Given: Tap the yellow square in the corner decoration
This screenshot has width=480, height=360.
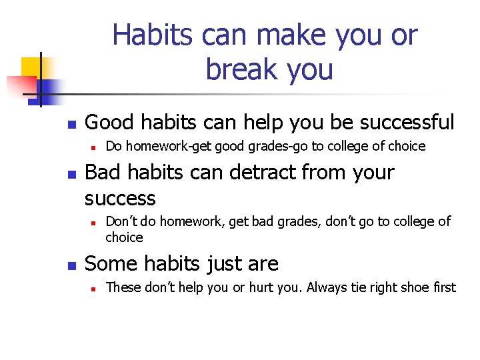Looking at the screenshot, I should point(32,68).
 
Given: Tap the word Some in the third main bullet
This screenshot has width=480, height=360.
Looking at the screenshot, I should point(109,264).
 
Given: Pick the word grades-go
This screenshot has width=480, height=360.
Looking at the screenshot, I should point(275,146).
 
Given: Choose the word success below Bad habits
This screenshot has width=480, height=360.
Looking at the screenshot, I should point(120,199).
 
